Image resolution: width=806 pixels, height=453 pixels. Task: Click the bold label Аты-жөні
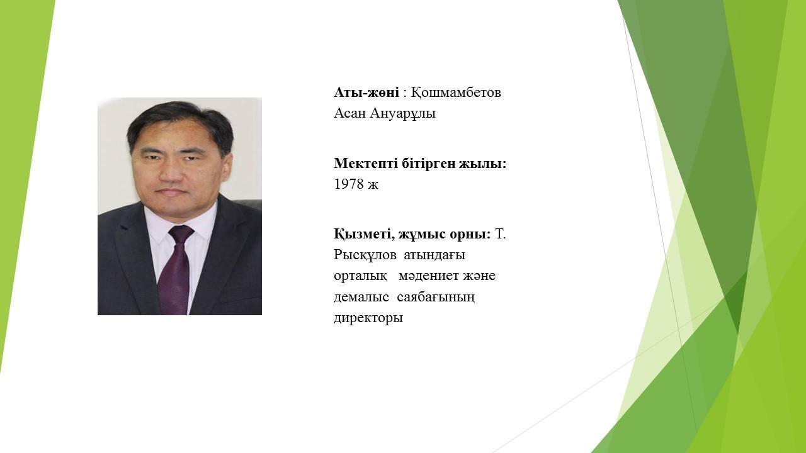coord(366,92)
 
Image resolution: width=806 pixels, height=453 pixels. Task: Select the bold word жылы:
coord(483,164)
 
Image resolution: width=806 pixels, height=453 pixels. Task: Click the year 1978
coord(349,184)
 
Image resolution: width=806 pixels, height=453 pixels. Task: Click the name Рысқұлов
coord(365,255)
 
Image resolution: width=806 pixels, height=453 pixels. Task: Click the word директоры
coord(368,318)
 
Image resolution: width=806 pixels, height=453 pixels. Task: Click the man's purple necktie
coord(176,270)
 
